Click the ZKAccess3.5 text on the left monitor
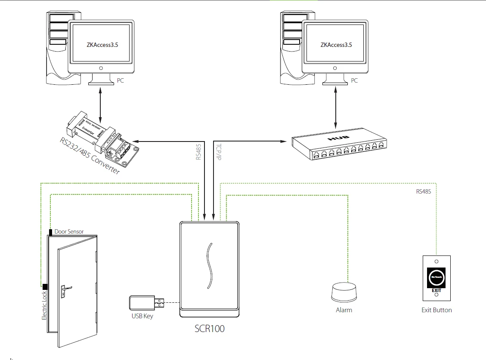tap(101, 44)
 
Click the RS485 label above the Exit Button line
tap(423, 191)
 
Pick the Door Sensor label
tap(69, 231)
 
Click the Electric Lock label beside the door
tap(44, 305)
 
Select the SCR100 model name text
tap(210, 329)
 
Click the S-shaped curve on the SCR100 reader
tap(209, 265)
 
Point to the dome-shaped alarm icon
tap(344, 293)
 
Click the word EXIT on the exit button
tap(436, 290)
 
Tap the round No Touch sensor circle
tap(436, 277)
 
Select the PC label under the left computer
tap(120, 80)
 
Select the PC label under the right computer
tap(354, 80)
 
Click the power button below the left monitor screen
tap(101, 68)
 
